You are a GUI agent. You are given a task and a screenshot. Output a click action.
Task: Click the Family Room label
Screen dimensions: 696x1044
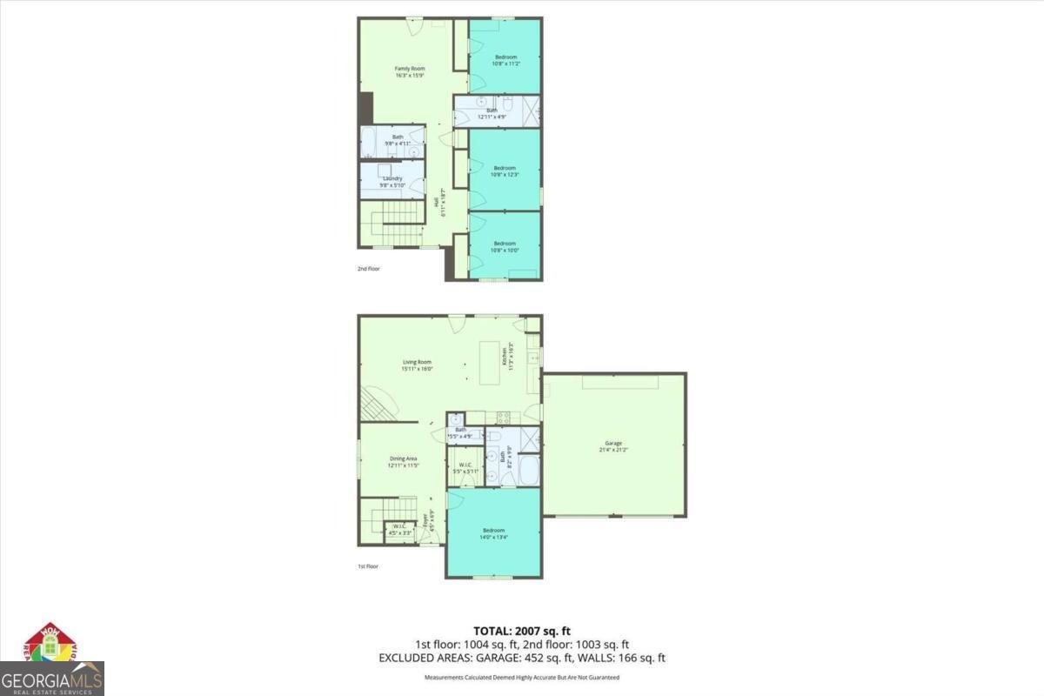410,68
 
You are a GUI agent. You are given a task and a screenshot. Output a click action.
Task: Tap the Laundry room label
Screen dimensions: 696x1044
391,178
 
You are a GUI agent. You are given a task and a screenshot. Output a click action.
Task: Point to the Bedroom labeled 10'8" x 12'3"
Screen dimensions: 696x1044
505,168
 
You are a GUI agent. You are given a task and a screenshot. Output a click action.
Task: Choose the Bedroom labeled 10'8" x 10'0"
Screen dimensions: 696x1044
505,244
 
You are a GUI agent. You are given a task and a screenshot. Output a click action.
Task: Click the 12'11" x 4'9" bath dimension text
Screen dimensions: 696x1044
492,116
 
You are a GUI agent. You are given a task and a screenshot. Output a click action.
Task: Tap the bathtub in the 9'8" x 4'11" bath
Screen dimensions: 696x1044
368,143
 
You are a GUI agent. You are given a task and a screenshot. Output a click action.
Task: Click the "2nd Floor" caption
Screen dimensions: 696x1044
369,269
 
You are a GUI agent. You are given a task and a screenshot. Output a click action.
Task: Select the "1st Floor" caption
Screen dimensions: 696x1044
368,566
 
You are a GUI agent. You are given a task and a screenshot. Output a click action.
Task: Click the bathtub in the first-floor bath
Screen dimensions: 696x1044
527,471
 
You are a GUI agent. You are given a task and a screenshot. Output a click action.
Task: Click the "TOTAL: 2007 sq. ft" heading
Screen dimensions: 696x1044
521,631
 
